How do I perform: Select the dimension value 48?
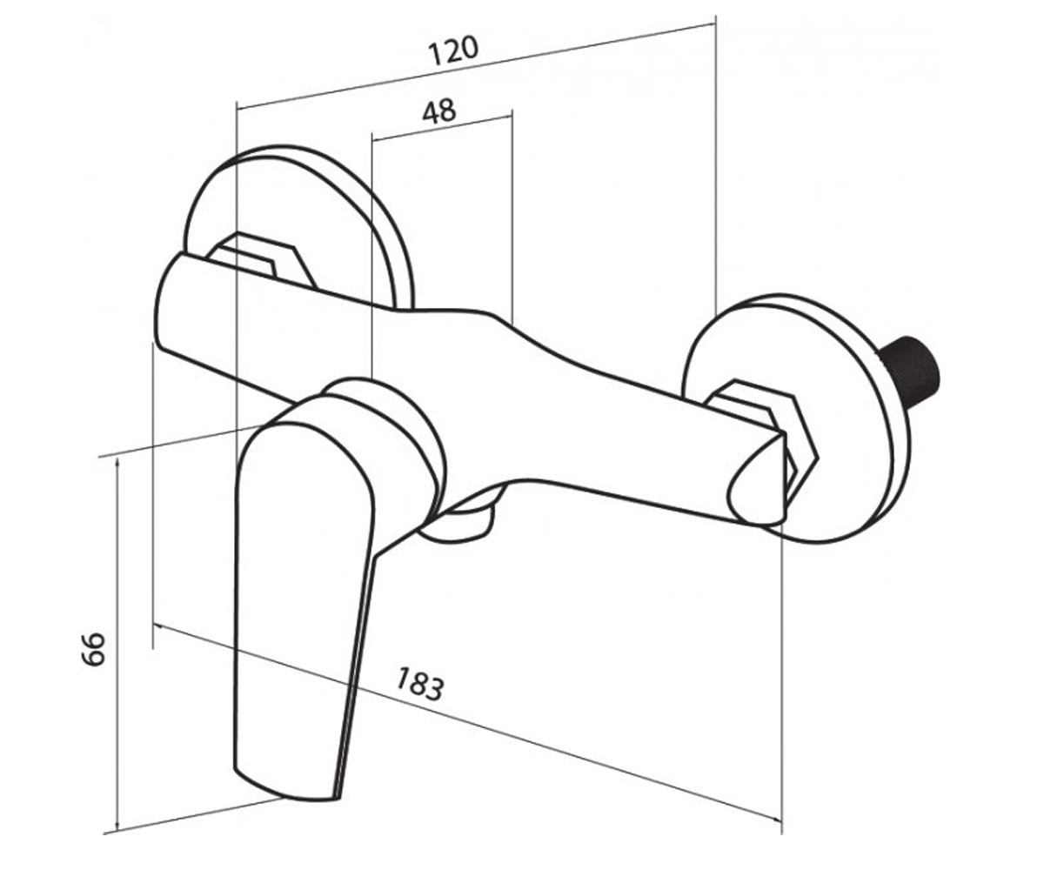coord(439,111)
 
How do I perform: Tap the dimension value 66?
coord(94,649)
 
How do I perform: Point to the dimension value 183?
coord(419,684)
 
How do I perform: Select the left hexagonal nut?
coord(263,260)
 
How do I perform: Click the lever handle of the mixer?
coord(305,600)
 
